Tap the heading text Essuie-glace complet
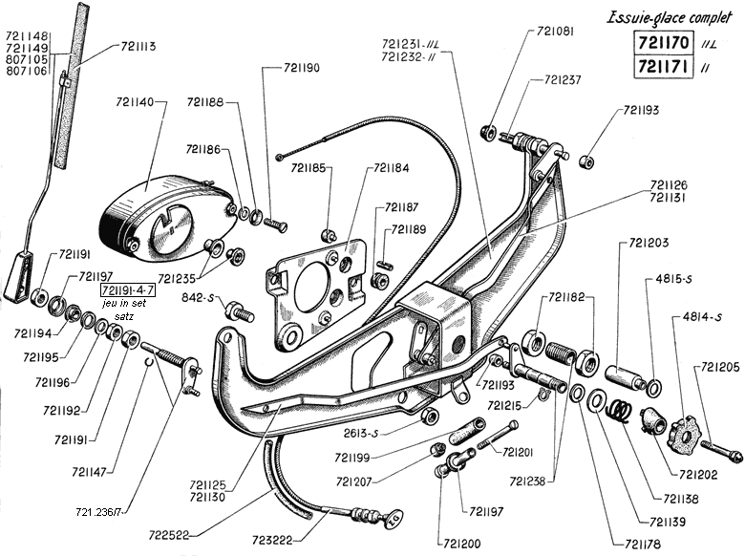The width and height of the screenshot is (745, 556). (672, 16)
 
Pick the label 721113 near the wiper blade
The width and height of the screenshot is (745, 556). (139, 46)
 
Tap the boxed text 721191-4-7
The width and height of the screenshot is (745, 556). (131, 288)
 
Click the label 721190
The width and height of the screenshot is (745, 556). (302, 68)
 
